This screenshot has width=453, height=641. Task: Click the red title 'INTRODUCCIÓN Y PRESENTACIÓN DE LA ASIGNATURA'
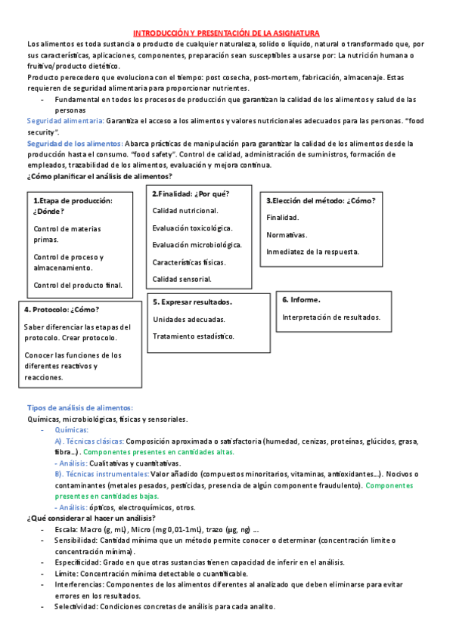click(226, 34)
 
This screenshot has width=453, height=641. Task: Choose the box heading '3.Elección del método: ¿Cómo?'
click(321, 200)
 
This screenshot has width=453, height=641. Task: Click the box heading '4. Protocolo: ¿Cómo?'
click(61, 310)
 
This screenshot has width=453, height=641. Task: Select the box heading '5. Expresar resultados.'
click(192, 302)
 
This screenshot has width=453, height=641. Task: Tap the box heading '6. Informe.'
click(301, 299)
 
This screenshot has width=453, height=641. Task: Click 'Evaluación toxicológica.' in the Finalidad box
click(192, 228)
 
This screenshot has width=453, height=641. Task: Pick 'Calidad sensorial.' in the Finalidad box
click(182, 279)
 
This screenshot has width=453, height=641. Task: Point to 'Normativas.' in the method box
click(286, 234)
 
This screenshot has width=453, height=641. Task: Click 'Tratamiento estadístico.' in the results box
click(193, 336)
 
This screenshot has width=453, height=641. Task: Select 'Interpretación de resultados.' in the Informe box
click(331, 317)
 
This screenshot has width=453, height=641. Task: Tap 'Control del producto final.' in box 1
click(78, 285)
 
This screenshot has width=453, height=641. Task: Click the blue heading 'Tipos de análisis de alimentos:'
click(79, 407)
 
